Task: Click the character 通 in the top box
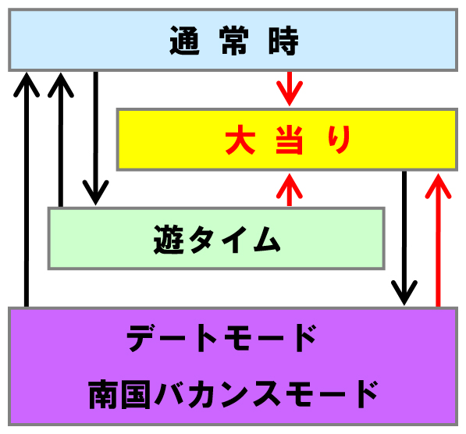(184, 41)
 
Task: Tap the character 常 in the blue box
(233, 41)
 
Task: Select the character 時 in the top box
(283, 41)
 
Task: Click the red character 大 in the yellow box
(240, 140)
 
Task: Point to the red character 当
(289, 140)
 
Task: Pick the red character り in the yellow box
(339, 140)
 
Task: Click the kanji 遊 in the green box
(168, 240)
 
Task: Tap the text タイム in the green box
(235, 240)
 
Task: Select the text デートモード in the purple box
(222, 338)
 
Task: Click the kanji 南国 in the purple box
(119, 394)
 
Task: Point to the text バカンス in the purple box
(217, 394)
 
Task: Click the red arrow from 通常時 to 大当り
(290, 88)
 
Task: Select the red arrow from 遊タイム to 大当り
(290, 190)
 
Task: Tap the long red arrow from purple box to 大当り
(438, 240)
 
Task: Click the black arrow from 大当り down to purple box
(404, 238)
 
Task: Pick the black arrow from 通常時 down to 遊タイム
(95, 138)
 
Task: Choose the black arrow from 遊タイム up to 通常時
(61, 140)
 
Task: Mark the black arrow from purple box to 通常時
(27, 190)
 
